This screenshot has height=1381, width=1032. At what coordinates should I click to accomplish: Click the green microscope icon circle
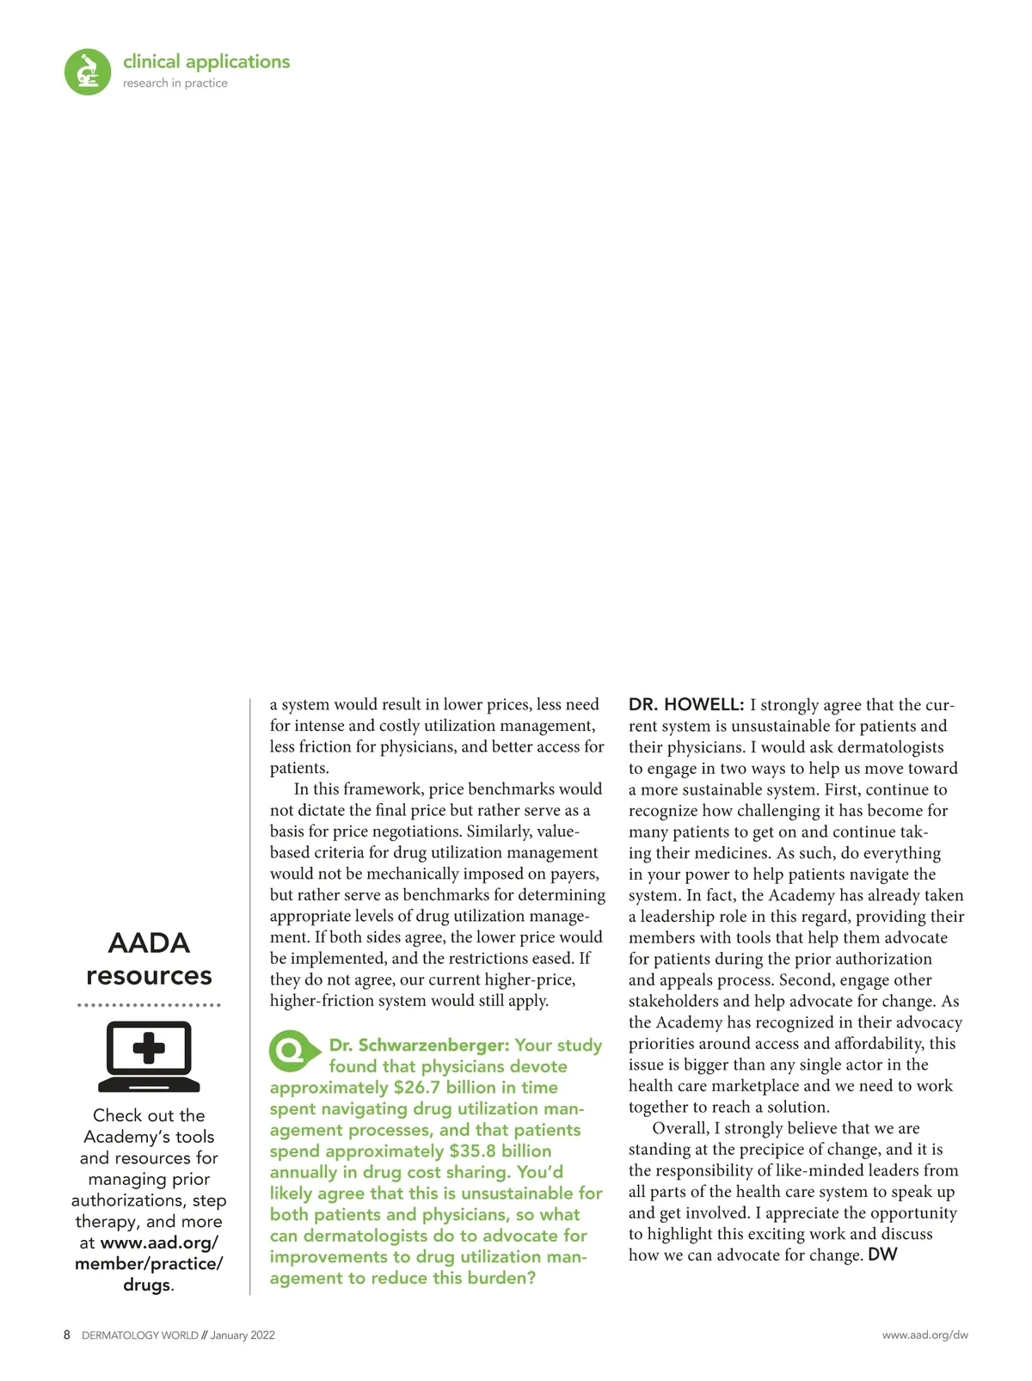pyautogui.click(x=88, y=71)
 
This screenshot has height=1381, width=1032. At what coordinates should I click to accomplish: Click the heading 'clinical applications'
pyautogui.click(x=206, y=62)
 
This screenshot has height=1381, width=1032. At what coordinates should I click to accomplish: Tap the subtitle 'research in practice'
pyautogui.click(x=175, y=83)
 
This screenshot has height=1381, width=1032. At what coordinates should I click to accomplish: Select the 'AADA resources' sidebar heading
pyautogui.click(x=149, y=959)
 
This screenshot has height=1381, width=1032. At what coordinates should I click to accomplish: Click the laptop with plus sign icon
pyautogui.click(x=149, y=1056)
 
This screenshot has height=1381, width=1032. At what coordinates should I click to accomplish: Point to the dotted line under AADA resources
pyautogui.click(x=149, y=1004)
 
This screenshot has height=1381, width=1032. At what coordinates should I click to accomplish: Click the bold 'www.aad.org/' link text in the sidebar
pyautogui.click(x=159, y=1243)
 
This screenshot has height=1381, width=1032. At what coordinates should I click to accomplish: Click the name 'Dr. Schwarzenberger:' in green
pyautogui.click(x=420, y=1046)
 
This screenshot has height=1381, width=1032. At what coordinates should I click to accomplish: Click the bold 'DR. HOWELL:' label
pyautogui.click(x=685, y=705)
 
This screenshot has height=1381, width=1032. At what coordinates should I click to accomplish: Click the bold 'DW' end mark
pyautogui.click(x=882, y=1255)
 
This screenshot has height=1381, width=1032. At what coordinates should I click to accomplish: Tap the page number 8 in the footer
pyautogui.click(x=67, y=1335)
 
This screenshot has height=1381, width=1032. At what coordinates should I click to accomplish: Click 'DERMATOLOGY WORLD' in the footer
pyautogui.click(x=139, y=1335)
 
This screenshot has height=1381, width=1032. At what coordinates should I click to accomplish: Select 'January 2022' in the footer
pyautogui.click(x=243, y=1335)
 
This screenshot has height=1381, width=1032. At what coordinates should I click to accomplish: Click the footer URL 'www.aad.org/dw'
pyautogui.click(x=924, y=1335)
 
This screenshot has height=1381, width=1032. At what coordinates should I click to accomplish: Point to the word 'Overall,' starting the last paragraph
pyautogui.click(x=680, y=1128)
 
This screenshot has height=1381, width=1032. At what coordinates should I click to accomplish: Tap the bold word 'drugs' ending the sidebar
pyautogui.click(x=146, y=1285)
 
